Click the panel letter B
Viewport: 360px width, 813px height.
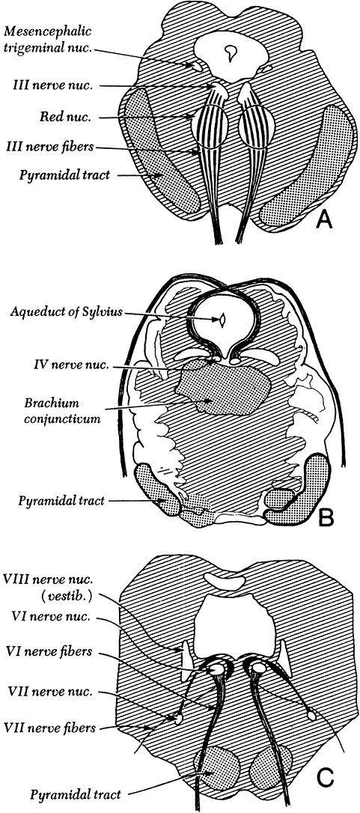326,518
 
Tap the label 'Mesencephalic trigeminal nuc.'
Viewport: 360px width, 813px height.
48,38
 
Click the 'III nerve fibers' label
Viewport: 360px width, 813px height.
53,147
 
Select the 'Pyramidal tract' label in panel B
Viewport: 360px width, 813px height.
61,501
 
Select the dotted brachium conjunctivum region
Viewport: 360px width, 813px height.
223,389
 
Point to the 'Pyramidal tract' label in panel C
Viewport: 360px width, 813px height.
76,794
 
